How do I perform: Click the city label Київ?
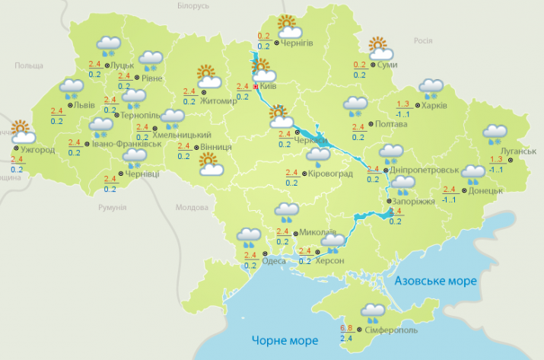268,88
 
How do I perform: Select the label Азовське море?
435,282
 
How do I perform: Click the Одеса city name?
274,261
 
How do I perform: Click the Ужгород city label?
37,149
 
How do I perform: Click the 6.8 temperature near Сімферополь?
345,327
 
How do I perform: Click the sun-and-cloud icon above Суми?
379,49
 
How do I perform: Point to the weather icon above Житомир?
208,76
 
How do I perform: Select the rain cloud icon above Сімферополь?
373,311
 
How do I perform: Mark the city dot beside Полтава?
370,123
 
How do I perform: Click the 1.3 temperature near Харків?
403,104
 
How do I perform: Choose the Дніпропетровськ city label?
427,170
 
